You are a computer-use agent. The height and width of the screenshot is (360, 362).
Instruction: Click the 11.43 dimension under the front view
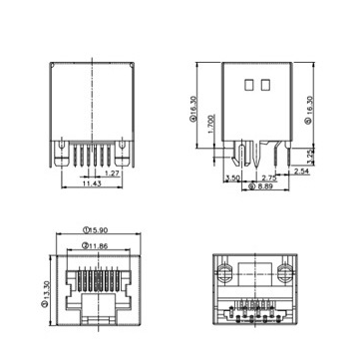pyautogui.click(x=91, y=184)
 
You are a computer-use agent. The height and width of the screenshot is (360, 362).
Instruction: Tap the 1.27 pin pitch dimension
pyautogui.click(x=112, y=173)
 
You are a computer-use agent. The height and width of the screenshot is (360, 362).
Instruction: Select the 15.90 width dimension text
pyautogui.click(x=96, y=229)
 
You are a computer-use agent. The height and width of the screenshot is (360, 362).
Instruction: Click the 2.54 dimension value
pyautogui.click(x=301, y=172)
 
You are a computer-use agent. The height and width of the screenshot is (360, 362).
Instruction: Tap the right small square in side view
pyautogui.click(x=266, y=86)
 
